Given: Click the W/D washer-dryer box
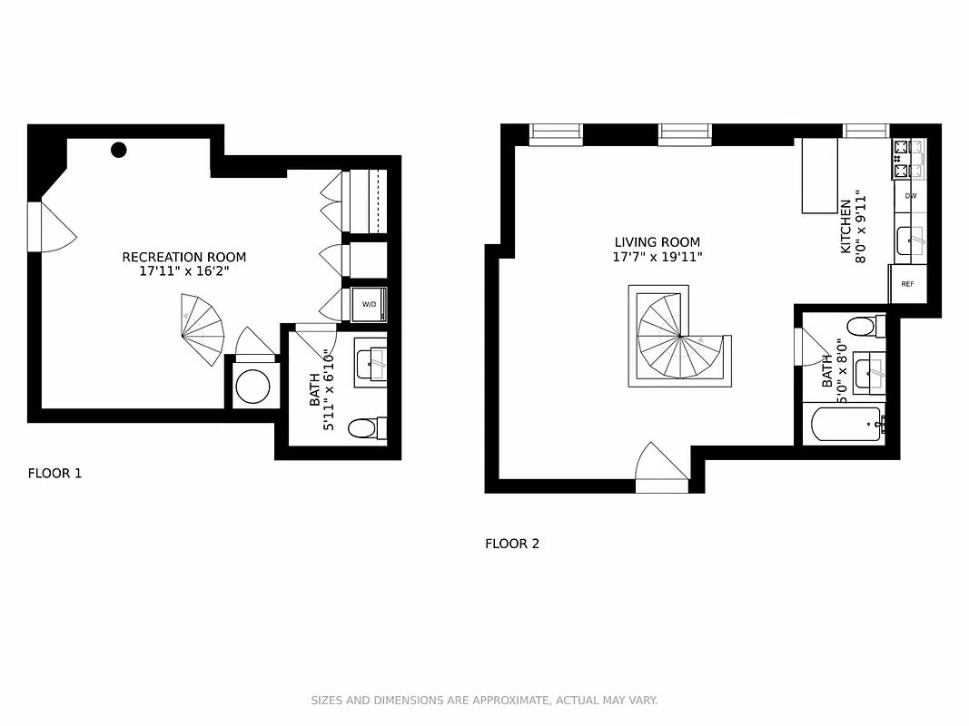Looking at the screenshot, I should pos(370,305).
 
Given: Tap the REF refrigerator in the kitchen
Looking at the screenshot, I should pos(907,284).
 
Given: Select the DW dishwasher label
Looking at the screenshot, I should pos(910,196).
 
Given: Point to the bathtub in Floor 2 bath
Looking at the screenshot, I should pos(845,424).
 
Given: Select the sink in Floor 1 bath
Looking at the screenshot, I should pos(371,364).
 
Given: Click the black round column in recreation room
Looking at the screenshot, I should pos(119,150).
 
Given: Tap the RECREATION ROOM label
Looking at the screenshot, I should pos(183,257).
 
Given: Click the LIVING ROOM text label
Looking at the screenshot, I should pos(657,242).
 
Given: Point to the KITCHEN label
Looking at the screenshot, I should pos(845,227).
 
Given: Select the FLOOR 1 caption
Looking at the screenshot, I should pos(54,473).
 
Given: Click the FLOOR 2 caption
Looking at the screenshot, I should pos(512,544).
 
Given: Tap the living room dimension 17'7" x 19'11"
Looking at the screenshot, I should pos(657,258).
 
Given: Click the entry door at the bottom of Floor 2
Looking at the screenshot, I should pos(662,470).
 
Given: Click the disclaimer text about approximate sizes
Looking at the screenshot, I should pos(484,701).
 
